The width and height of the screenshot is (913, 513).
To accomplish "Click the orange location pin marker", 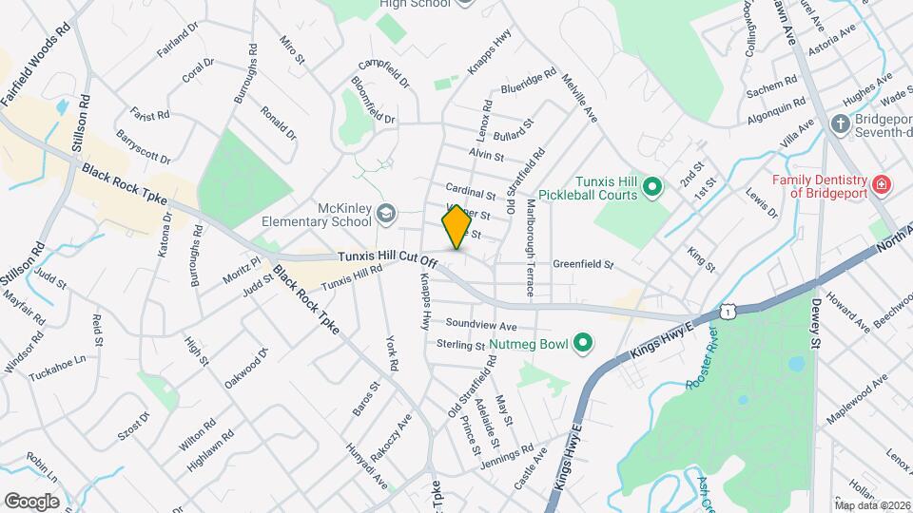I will [456, 227].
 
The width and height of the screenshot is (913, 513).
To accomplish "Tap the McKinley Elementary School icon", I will [385, 213].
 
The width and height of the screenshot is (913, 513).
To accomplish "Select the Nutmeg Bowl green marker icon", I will [583, 343].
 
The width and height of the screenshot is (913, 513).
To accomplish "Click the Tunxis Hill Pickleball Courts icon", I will [652, 186].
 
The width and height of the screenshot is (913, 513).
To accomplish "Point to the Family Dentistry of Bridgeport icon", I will [882, 183].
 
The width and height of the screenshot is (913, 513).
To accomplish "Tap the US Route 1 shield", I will [728, 311].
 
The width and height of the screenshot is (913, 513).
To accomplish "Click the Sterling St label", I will [460, 345].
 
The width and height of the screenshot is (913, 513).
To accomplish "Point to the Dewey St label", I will [816, 326].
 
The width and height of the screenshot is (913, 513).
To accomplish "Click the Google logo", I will [31, 501].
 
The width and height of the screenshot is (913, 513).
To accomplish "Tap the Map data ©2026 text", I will [871, 504].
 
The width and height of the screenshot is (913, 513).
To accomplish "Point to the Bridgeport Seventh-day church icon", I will [840, 123].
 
